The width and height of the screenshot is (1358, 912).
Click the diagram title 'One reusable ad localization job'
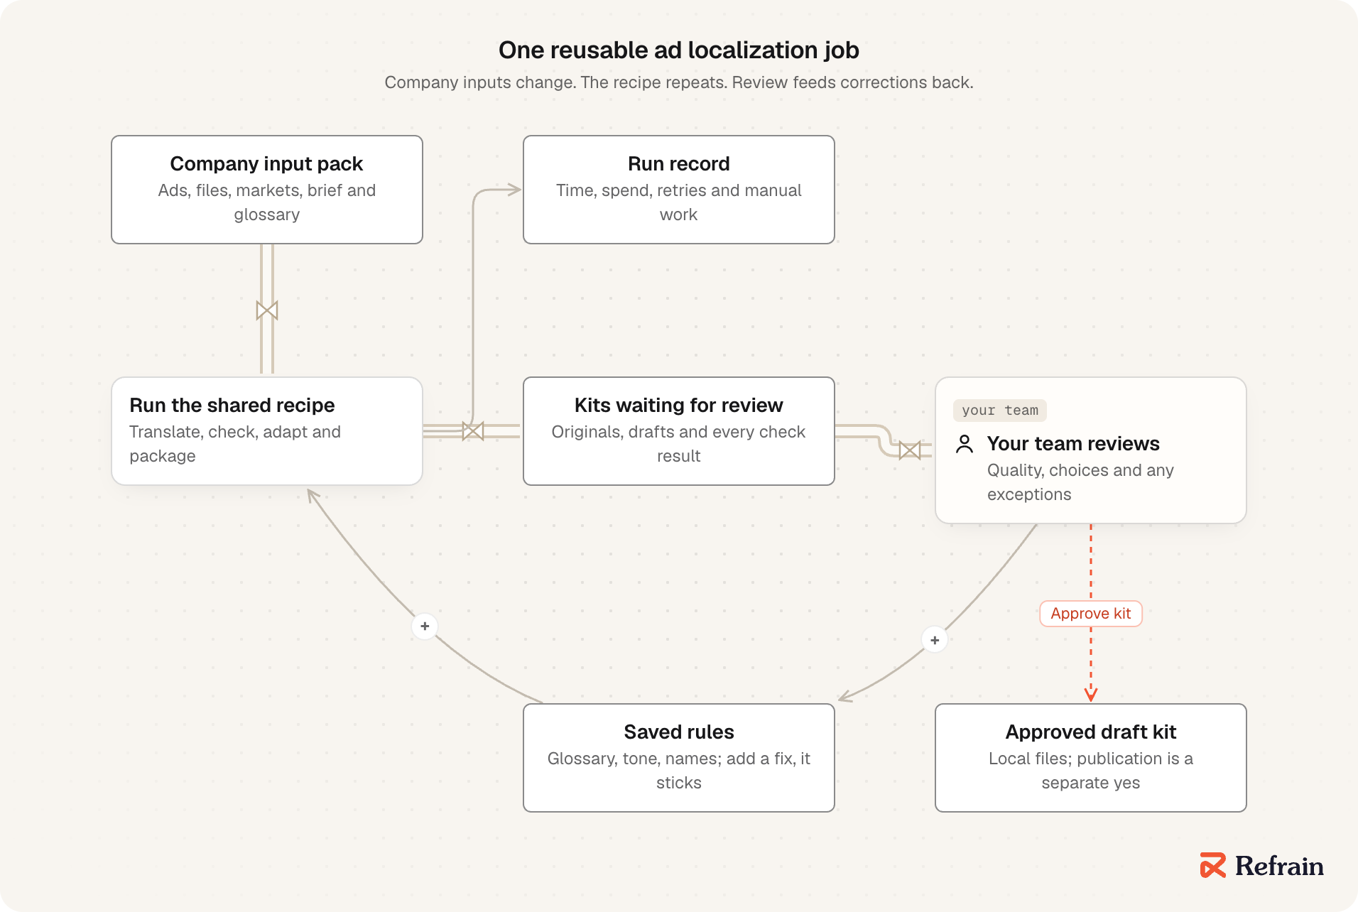click(x=678, y=50)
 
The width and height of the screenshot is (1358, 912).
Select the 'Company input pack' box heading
click(x=266, y=164)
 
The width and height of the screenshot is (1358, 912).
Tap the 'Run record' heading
click(x=678, y=164)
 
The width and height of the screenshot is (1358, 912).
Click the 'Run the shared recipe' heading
click(x=232, y=406)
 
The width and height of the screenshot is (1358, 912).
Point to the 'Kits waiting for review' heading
click(x=678, y=406)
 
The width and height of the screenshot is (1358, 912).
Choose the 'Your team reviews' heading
click(x=1073, y=444)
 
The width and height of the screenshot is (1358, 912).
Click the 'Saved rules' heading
click(x=678, y=732)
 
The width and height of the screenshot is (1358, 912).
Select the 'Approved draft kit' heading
click(x=1091, y=732)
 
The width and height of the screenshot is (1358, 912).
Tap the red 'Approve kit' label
click(x=1091, y=614)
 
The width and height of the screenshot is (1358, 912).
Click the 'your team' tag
click(x=1000, y=411)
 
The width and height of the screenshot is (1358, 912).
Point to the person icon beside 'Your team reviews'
click(x=965, y=444)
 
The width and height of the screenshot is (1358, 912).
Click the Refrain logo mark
click(x=1213, y=865)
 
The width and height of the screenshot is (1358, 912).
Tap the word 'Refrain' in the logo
click(x=1279, y=866)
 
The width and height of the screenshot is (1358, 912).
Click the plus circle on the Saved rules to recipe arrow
click(x=425, y=626)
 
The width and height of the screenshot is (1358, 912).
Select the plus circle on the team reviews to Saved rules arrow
click(x=935, y=641)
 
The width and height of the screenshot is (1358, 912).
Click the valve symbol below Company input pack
click(x=267, y=310)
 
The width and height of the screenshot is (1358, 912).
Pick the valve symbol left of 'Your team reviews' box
click(x=910, y=450)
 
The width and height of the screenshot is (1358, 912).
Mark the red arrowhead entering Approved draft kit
click(x=1091, y=695)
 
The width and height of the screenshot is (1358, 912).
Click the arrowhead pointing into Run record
click(x=515, y=190)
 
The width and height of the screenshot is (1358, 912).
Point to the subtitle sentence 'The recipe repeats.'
click(x=654, y=82)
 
